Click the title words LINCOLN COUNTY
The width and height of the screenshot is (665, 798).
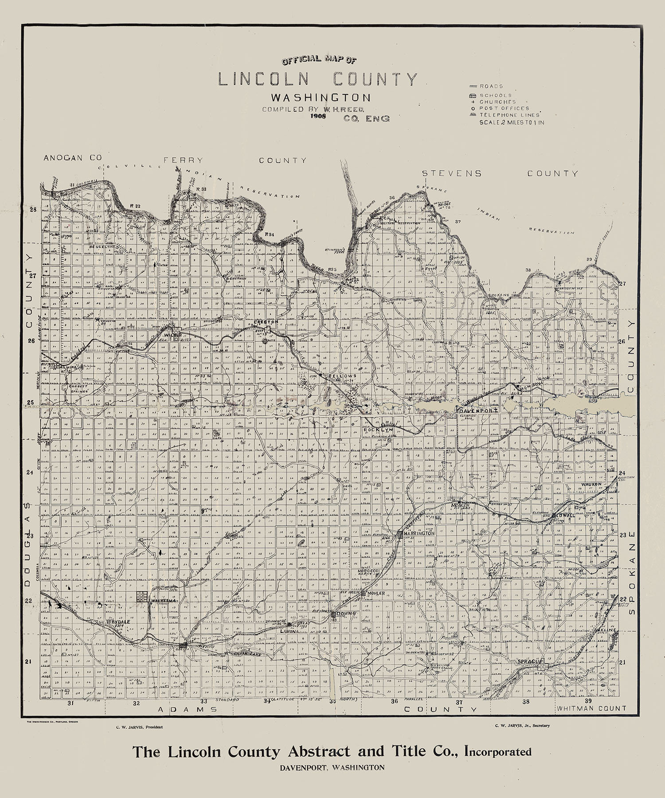tap(317, 79)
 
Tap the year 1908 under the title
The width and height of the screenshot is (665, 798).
tap(318, 117)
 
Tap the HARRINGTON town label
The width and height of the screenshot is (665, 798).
tap(419, 533)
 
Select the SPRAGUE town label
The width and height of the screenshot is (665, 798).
tap(530, 662)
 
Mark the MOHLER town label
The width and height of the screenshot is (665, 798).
tap(373, 593)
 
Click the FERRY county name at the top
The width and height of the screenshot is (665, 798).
tap(183, 160)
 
